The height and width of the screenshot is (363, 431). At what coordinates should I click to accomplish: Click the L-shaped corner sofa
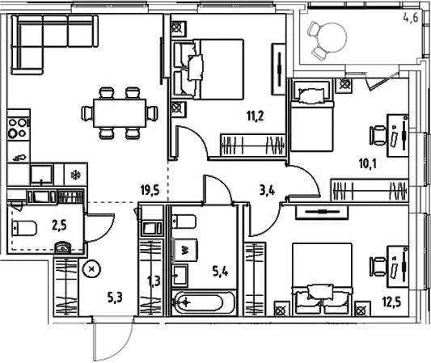point(40,40)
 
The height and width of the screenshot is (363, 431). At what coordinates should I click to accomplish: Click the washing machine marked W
point(185,250)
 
